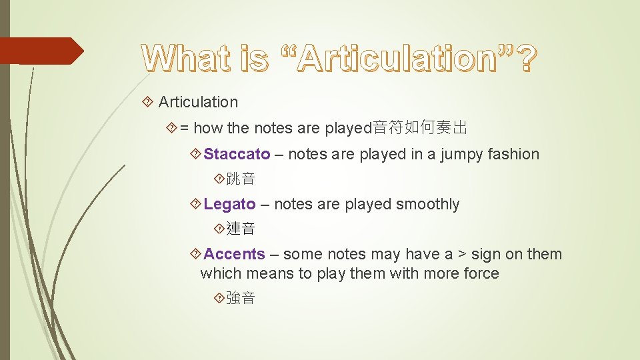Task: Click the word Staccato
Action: (237, 154)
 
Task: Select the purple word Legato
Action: (229, 204)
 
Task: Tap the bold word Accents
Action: (234, 254)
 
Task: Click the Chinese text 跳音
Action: (240, 179)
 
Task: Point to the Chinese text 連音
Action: (240, 229)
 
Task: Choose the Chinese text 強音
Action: (240, 298)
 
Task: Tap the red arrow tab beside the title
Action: (41, 51)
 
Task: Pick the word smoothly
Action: (427, 204)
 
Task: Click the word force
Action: (481, 273)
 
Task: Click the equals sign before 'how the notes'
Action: (184, 127)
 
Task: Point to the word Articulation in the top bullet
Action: (198, 102)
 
